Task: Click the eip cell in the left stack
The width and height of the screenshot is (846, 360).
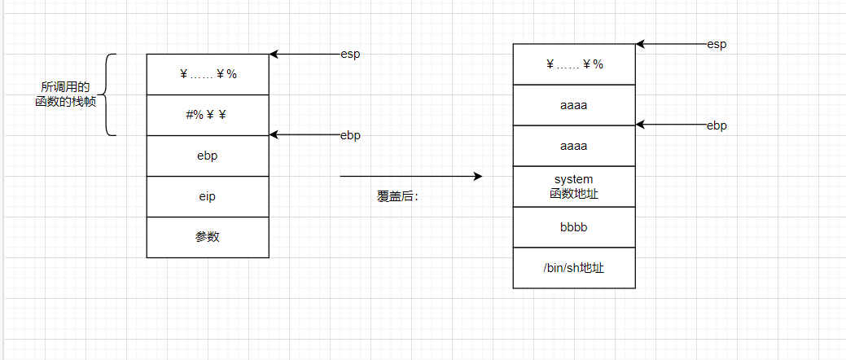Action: (208, 196)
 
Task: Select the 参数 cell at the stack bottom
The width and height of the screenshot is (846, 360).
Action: (208, 237)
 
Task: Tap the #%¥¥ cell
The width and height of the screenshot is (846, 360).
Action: (208, 115)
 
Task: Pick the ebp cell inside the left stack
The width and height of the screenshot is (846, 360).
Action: (208, 156)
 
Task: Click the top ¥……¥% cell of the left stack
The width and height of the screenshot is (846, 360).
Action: (208, 74)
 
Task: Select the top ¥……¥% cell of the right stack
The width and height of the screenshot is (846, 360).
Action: (574, 64)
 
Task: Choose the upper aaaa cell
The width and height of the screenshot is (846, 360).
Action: (574, 105)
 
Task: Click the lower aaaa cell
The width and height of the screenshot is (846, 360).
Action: (574, 146)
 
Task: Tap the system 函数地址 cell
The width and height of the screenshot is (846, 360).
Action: (574, 187)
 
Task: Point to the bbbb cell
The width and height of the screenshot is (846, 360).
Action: (574, 227)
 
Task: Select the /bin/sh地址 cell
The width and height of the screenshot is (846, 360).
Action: (574, 268)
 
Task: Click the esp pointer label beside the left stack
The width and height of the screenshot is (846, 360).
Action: (350, 55)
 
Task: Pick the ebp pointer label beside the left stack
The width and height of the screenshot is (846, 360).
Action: (350, 135)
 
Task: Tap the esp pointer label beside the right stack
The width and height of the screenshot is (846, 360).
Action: (717, 45)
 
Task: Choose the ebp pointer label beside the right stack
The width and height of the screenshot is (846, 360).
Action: (717, 125)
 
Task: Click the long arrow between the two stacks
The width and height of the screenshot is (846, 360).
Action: (411, 176)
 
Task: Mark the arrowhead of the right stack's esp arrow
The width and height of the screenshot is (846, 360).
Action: (640, 44)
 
